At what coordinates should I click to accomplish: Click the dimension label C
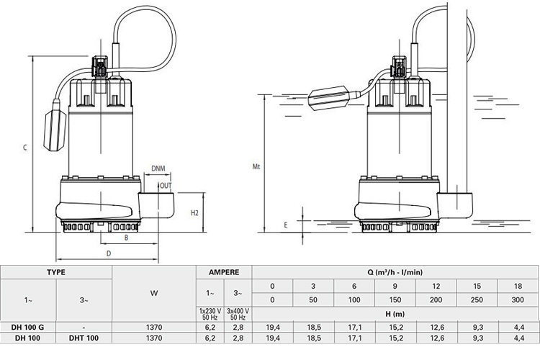[x=24, y=148]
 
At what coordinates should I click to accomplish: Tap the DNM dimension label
[x=159, y=169]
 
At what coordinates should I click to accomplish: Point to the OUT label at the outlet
[x=166, y=184]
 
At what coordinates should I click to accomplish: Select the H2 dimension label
[x=194, y=214]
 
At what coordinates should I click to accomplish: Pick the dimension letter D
[x=109, y=253]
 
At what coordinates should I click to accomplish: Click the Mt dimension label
[x=255, y=167]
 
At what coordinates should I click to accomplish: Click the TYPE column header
[x=56, y=273]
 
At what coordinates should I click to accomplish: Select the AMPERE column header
[x=224, y=273]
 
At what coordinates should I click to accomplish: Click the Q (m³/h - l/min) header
[x=395, y=273]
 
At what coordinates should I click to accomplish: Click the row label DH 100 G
[x=28, y=327]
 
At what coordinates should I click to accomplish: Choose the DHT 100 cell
[x=84, y=337]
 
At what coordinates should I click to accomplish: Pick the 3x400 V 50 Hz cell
[x=238, y=313]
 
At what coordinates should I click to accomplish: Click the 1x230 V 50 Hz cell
[x=210, y=313]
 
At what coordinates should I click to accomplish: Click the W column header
[x=155, y=293]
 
